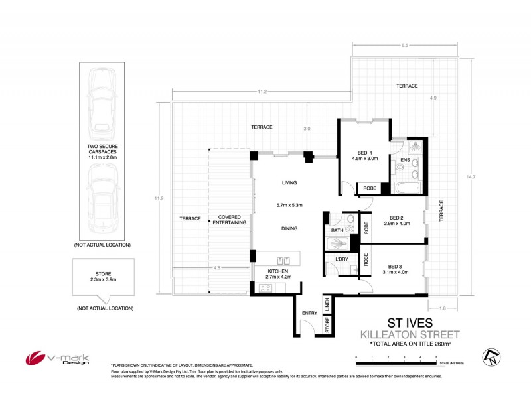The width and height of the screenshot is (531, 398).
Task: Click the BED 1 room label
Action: (x=363, y=151)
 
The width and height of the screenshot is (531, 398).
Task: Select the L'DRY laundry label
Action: (x=342, y=259)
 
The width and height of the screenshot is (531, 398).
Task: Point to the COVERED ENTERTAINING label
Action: (x=228, y=220)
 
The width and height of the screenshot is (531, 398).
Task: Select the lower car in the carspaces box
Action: (x=102, y=198)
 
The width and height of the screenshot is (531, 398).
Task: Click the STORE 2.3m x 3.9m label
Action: (x=103, y=276)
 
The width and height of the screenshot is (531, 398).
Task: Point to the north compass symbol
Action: (x=491, y=357)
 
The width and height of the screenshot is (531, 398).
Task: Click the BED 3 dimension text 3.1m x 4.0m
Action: (x=396, y=272)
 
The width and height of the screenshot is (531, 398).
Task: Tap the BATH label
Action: (x=337, y=230)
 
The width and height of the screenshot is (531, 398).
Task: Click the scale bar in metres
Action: (x=396, y=359)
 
